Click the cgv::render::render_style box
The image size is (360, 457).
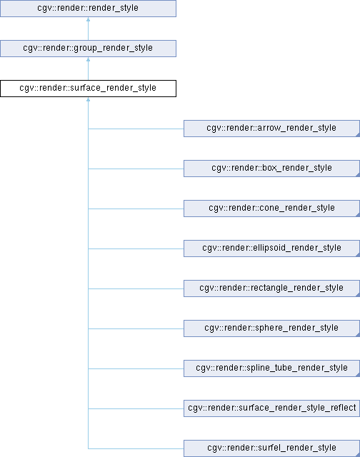(x=88, y=9)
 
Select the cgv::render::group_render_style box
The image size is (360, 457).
(x=88, y=49)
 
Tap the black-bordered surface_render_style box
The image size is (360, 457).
(x=88, y=89)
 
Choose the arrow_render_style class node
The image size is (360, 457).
(x=271, y=129)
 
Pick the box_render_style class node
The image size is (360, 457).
(x=271, y=169)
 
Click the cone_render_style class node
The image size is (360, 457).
(x=271, y=209)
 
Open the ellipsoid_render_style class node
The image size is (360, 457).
(x=271, y=248)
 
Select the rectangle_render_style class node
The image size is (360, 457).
(x=271, y=288)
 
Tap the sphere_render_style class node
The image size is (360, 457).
(x=271, y=328)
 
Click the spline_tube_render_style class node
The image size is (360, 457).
(x=271, y=368)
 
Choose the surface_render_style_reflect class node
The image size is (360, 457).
(x=271, y=408)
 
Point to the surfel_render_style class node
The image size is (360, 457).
(x=271, y=448)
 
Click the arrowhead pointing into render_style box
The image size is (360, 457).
(x=88, y=19)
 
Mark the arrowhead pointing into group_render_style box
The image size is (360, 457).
(x=88, y=59)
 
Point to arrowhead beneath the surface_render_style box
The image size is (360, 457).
(x=88, y=99)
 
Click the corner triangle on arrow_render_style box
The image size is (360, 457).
(x=358, y=135)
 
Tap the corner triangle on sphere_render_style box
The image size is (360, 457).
(x=358, y=335)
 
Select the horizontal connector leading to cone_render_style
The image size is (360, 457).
(x=136, y=209)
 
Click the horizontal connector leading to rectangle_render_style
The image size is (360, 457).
(x=136, y=288)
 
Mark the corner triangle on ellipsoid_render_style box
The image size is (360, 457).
(x=358, y=255)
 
